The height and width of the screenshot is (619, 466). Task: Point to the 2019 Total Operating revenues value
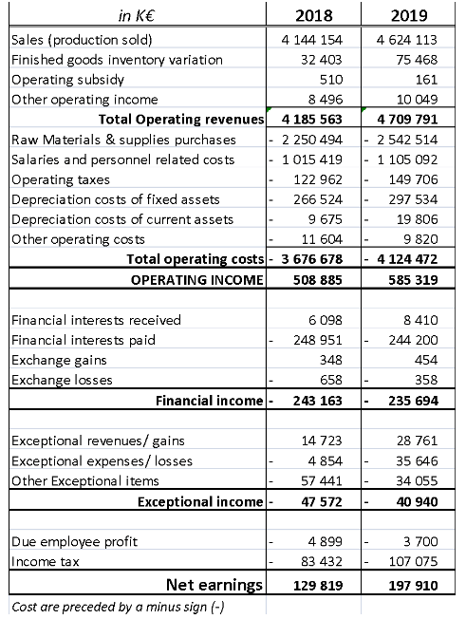[x=414, y=121]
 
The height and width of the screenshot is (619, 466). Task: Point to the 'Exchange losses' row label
[x=61, y=380]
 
